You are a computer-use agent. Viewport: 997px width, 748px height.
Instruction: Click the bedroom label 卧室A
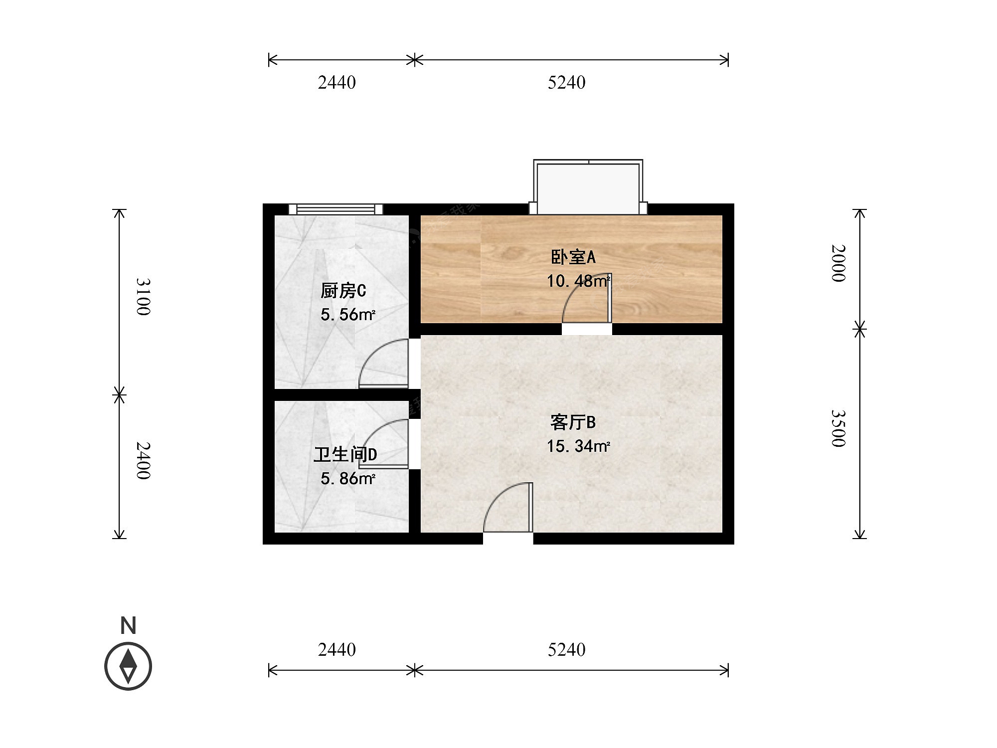(573, 257)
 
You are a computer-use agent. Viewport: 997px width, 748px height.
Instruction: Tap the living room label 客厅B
(573, 422)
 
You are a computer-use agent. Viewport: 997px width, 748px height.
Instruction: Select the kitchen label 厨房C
(343, 290)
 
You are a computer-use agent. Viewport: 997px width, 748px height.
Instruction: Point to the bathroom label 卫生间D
(345, 454)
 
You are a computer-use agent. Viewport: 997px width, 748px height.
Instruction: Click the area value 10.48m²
(578, 281)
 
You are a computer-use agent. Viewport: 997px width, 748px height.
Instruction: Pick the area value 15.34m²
(578, 446)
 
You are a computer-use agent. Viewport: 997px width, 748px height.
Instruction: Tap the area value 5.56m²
(347, 315)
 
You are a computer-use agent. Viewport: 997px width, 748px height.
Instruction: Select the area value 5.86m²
(347, 479)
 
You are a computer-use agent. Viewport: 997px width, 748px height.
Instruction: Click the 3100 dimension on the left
(143, 297)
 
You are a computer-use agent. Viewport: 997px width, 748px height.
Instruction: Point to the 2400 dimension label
(143, 461)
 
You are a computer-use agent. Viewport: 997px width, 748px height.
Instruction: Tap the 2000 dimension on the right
(838, 263)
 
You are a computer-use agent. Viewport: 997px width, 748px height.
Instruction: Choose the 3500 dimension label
(838, 428)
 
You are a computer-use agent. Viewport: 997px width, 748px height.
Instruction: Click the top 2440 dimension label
(337, 82)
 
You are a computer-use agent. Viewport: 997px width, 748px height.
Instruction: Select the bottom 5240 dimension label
(567, 649)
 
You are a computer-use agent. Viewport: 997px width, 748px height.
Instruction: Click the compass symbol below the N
(128, 666)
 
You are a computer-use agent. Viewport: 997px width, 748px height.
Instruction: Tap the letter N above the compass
(129, 625)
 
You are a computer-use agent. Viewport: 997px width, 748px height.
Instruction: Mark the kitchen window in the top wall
(336, 209)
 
